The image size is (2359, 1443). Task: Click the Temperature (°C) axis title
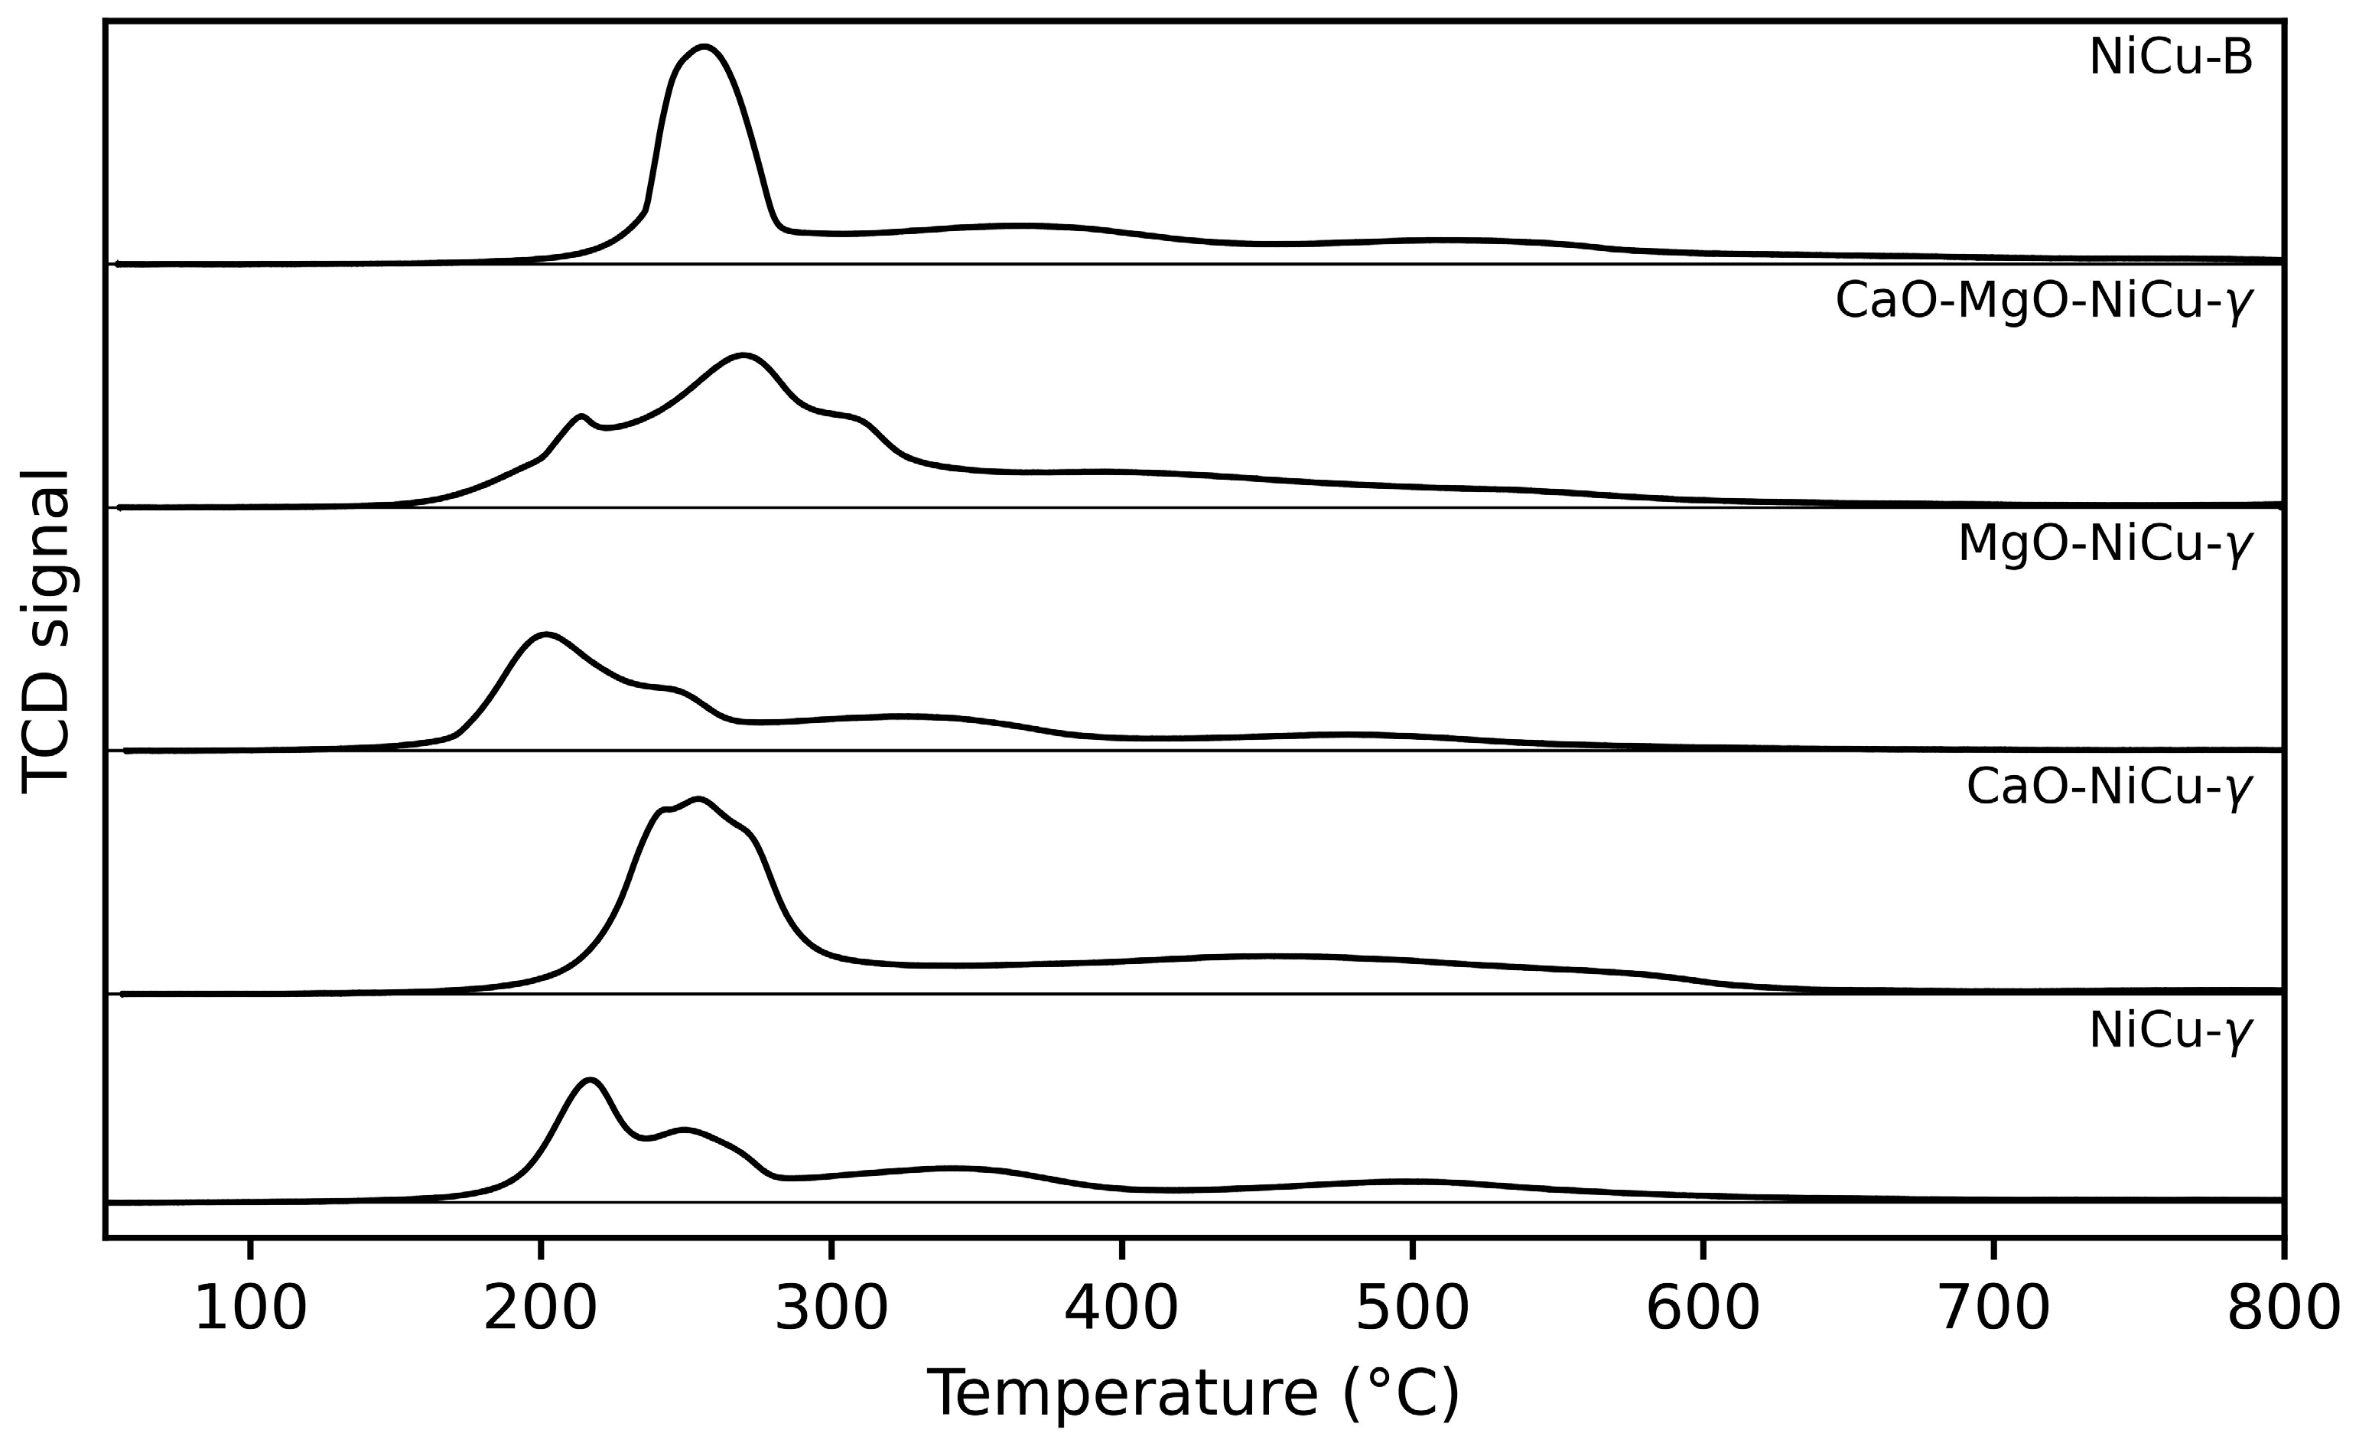[1193, 1393]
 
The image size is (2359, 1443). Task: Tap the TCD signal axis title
[45, 631]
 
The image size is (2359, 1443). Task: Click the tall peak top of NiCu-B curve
[704, 46]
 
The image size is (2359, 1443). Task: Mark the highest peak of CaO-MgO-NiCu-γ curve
[743, 357]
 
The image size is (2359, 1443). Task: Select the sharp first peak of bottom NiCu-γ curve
[591, 1080]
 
